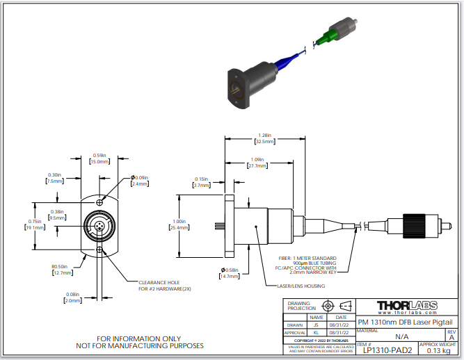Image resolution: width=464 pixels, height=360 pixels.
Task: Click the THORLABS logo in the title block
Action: coord(406,306)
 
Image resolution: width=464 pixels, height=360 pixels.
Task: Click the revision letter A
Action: coord(451,336)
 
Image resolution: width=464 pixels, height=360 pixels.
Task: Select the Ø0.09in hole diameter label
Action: coord(140,178)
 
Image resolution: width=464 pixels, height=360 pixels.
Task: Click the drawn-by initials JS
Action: coord(317,324)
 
